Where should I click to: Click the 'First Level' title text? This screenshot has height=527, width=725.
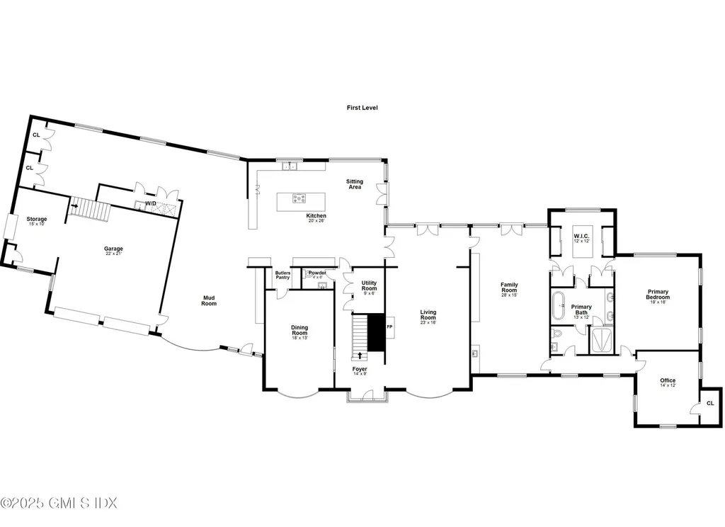coord(362,108)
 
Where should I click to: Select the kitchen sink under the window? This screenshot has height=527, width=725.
coord(289,166)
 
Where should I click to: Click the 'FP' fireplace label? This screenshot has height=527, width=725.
coord(389,327)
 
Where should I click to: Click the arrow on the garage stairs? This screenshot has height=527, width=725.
coord(73,206)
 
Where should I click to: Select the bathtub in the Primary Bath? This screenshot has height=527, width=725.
coord(559,303)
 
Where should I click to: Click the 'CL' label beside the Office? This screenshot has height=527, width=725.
coord(710,403)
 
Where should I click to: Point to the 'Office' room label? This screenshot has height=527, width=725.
coord(668,380)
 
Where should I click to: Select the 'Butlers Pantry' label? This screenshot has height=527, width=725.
coord(282,275)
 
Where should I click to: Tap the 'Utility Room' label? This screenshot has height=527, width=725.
coord(369,285)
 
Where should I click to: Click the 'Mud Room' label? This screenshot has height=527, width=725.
coord(208,301)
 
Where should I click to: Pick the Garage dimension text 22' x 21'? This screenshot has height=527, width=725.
coord(114,254)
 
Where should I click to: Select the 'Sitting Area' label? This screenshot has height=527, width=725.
coord(354,184)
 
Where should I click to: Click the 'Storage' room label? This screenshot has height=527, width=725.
coord(37,220)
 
